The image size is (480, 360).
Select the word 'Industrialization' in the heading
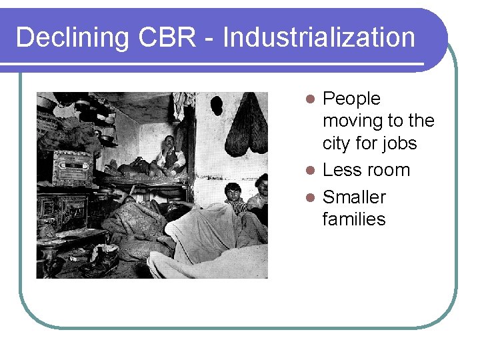319,37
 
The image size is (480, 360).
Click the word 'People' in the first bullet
351,99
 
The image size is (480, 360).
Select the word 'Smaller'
354,197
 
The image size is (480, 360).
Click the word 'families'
353,219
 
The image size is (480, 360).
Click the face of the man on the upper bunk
169,143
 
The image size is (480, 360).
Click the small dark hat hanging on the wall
217,105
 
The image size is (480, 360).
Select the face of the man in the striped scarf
233,192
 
